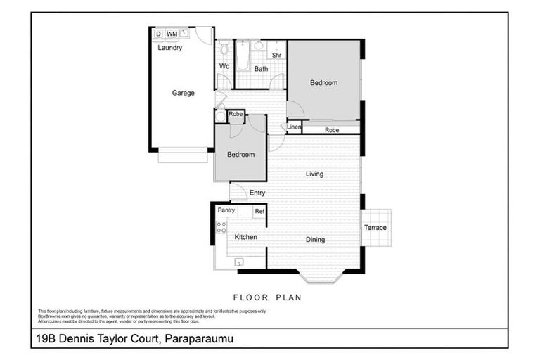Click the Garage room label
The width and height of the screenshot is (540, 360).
coord(184,93)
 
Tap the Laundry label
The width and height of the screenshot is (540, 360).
coord(170,49)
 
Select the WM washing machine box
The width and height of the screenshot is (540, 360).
coord(172,34)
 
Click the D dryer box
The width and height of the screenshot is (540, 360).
coord(158,34)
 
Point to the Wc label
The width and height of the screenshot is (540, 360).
coord(224,67)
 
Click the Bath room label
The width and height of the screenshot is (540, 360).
coord(261,69)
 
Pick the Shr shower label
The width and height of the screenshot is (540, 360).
coord(276,54)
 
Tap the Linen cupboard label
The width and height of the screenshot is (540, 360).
coord(294,127)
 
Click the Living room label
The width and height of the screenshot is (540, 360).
coord(314,174)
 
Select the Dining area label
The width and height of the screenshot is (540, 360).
coord(315,240)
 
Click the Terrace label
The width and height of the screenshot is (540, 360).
coord(375,228)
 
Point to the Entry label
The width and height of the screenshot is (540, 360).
coord(257,193)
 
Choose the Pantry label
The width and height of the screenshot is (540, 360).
coord(226,210)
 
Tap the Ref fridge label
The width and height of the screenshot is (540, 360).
coord(259,211)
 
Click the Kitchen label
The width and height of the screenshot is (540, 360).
coord(245,237)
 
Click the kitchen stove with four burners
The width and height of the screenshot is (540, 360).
coord(221,227)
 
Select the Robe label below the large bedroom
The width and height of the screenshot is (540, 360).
coord(332,130)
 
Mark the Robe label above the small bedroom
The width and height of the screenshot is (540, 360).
coord(236,114)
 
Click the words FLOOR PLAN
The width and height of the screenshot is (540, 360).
coord(267,297)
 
